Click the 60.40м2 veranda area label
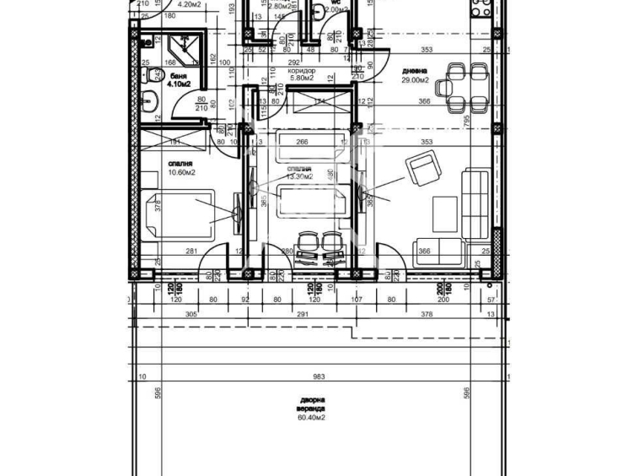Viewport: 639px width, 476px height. pos(310,417)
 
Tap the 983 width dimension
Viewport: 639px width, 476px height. pos(319,377)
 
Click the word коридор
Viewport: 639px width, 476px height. pos(302,71)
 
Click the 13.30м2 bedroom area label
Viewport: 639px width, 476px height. pos(300,177)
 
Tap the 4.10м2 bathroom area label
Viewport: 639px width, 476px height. pos(180,84)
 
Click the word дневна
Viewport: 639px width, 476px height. pos(414,71)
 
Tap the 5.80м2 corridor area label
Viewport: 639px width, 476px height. pos(302,79)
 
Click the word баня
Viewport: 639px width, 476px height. pos(178,76)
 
